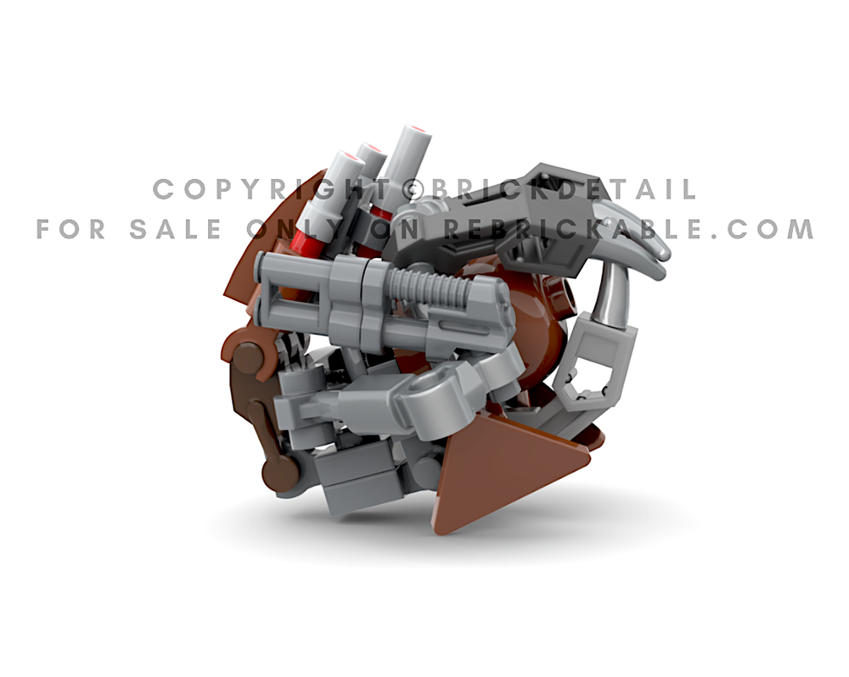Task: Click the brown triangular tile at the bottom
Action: [501, 472]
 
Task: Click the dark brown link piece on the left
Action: [255, 416]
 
